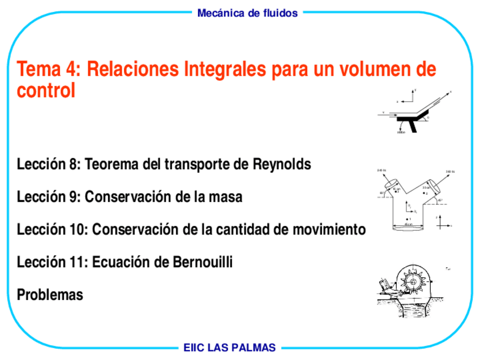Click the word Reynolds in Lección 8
[282, 165]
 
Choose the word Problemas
[50, 295]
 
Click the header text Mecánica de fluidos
[247, 13]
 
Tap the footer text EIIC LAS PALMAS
[229, 348]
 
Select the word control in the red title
[46, 91]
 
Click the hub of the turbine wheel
[415, 281]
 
